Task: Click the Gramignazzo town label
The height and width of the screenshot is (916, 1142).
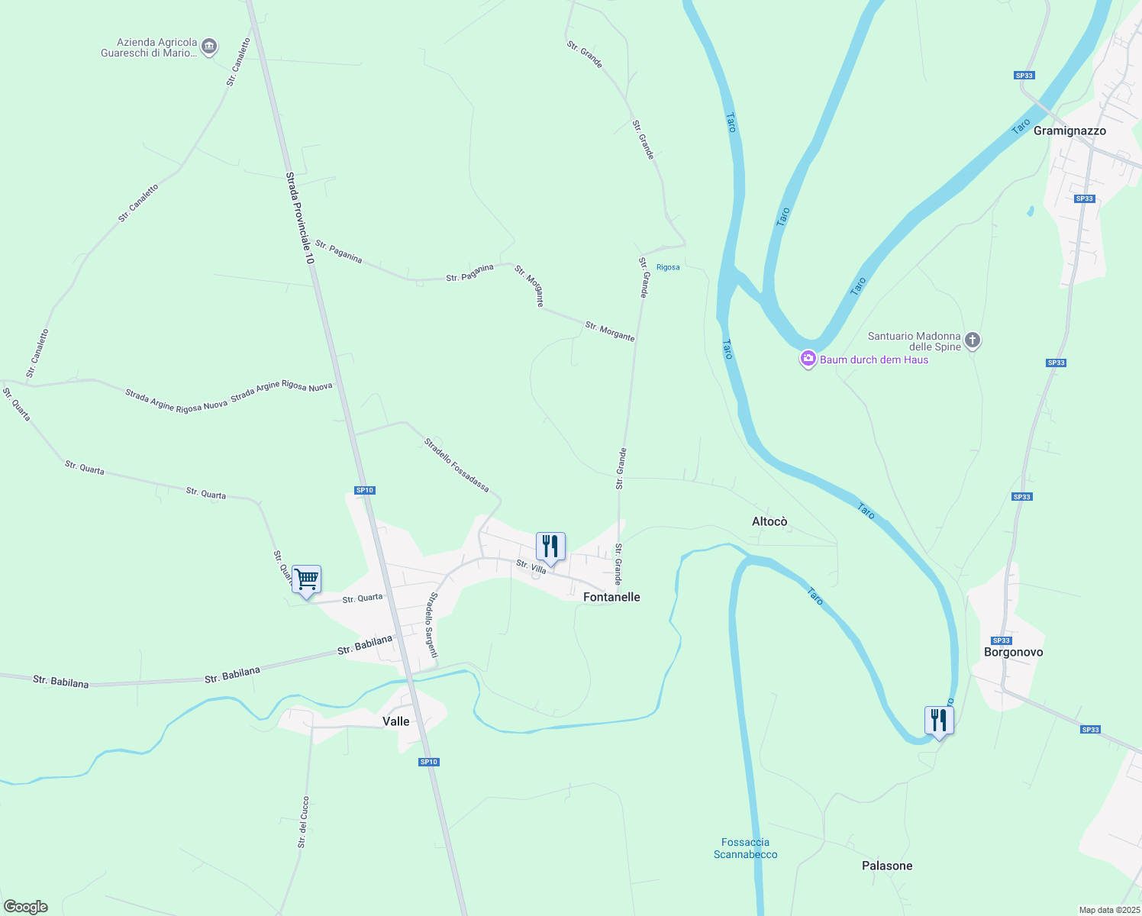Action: (x=1069, y=131)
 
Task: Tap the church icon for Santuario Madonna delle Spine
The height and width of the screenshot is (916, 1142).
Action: (x=972, y=340)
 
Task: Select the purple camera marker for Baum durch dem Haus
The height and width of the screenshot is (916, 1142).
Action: (x=808, y=359)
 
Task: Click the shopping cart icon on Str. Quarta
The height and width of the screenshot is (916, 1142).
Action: (x=306, y=579)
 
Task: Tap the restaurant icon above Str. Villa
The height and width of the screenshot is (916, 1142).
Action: (x=550, y=547)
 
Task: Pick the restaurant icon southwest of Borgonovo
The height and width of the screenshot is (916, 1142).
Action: (x=938, y=721)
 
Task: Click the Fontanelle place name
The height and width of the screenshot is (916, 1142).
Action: (x=611, y=597)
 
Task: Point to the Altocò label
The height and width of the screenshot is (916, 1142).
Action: (x=769, y=521)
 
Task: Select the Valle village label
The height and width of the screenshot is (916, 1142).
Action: (x=395, y=721)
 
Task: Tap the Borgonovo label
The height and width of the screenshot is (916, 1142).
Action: (x=1013, y=652)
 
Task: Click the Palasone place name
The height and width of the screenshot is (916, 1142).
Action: (x=887, y=866)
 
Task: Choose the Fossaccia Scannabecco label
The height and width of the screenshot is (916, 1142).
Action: (x=745, y=848)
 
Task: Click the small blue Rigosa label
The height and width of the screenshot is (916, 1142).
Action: (x=668, y=267)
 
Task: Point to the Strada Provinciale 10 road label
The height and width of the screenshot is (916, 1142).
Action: (x=300, y=218)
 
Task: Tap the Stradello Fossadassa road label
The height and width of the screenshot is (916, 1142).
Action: (x=456, y=464)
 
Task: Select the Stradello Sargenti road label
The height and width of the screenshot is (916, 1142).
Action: (x=432, y=625)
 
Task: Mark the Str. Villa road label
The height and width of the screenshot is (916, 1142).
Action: (x=531, y=566)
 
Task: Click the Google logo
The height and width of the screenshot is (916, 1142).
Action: (x=26, y=907)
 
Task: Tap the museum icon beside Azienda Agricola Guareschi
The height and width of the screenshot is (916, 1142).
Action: (x=209, y=47)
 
